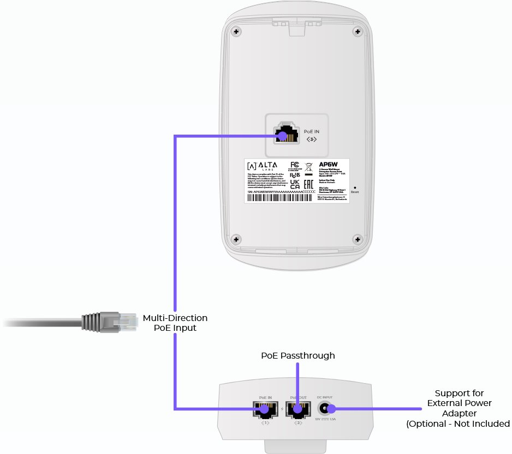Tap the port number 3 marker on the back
[311, 140]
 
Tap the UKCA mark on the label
[294, 184]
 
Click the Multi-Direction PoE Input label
[175, 323]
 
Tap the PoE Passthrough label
[297, 355]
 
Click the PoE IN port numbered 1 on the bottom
[265, 409]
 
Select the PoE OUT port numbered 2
[296, 409]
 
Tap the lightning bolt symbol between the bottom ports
[281, 409]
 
